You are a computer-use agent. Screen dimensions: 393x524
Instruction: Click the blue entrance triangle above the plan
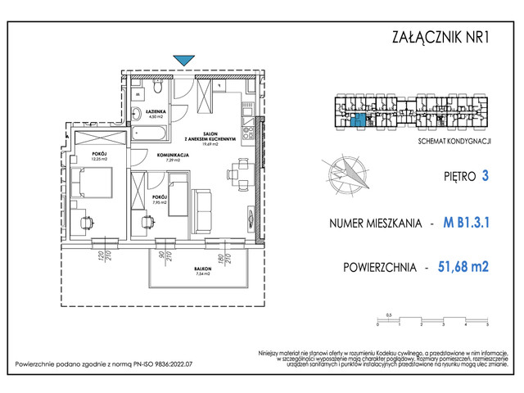185,59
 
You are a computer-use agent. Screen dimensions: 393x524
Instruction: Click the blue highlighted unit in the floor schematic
357,122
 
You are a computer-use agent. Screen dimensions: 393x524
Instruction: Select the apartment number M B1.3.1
471,222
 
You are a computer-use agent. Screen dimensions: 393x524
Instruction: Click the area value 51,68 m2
468,266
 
